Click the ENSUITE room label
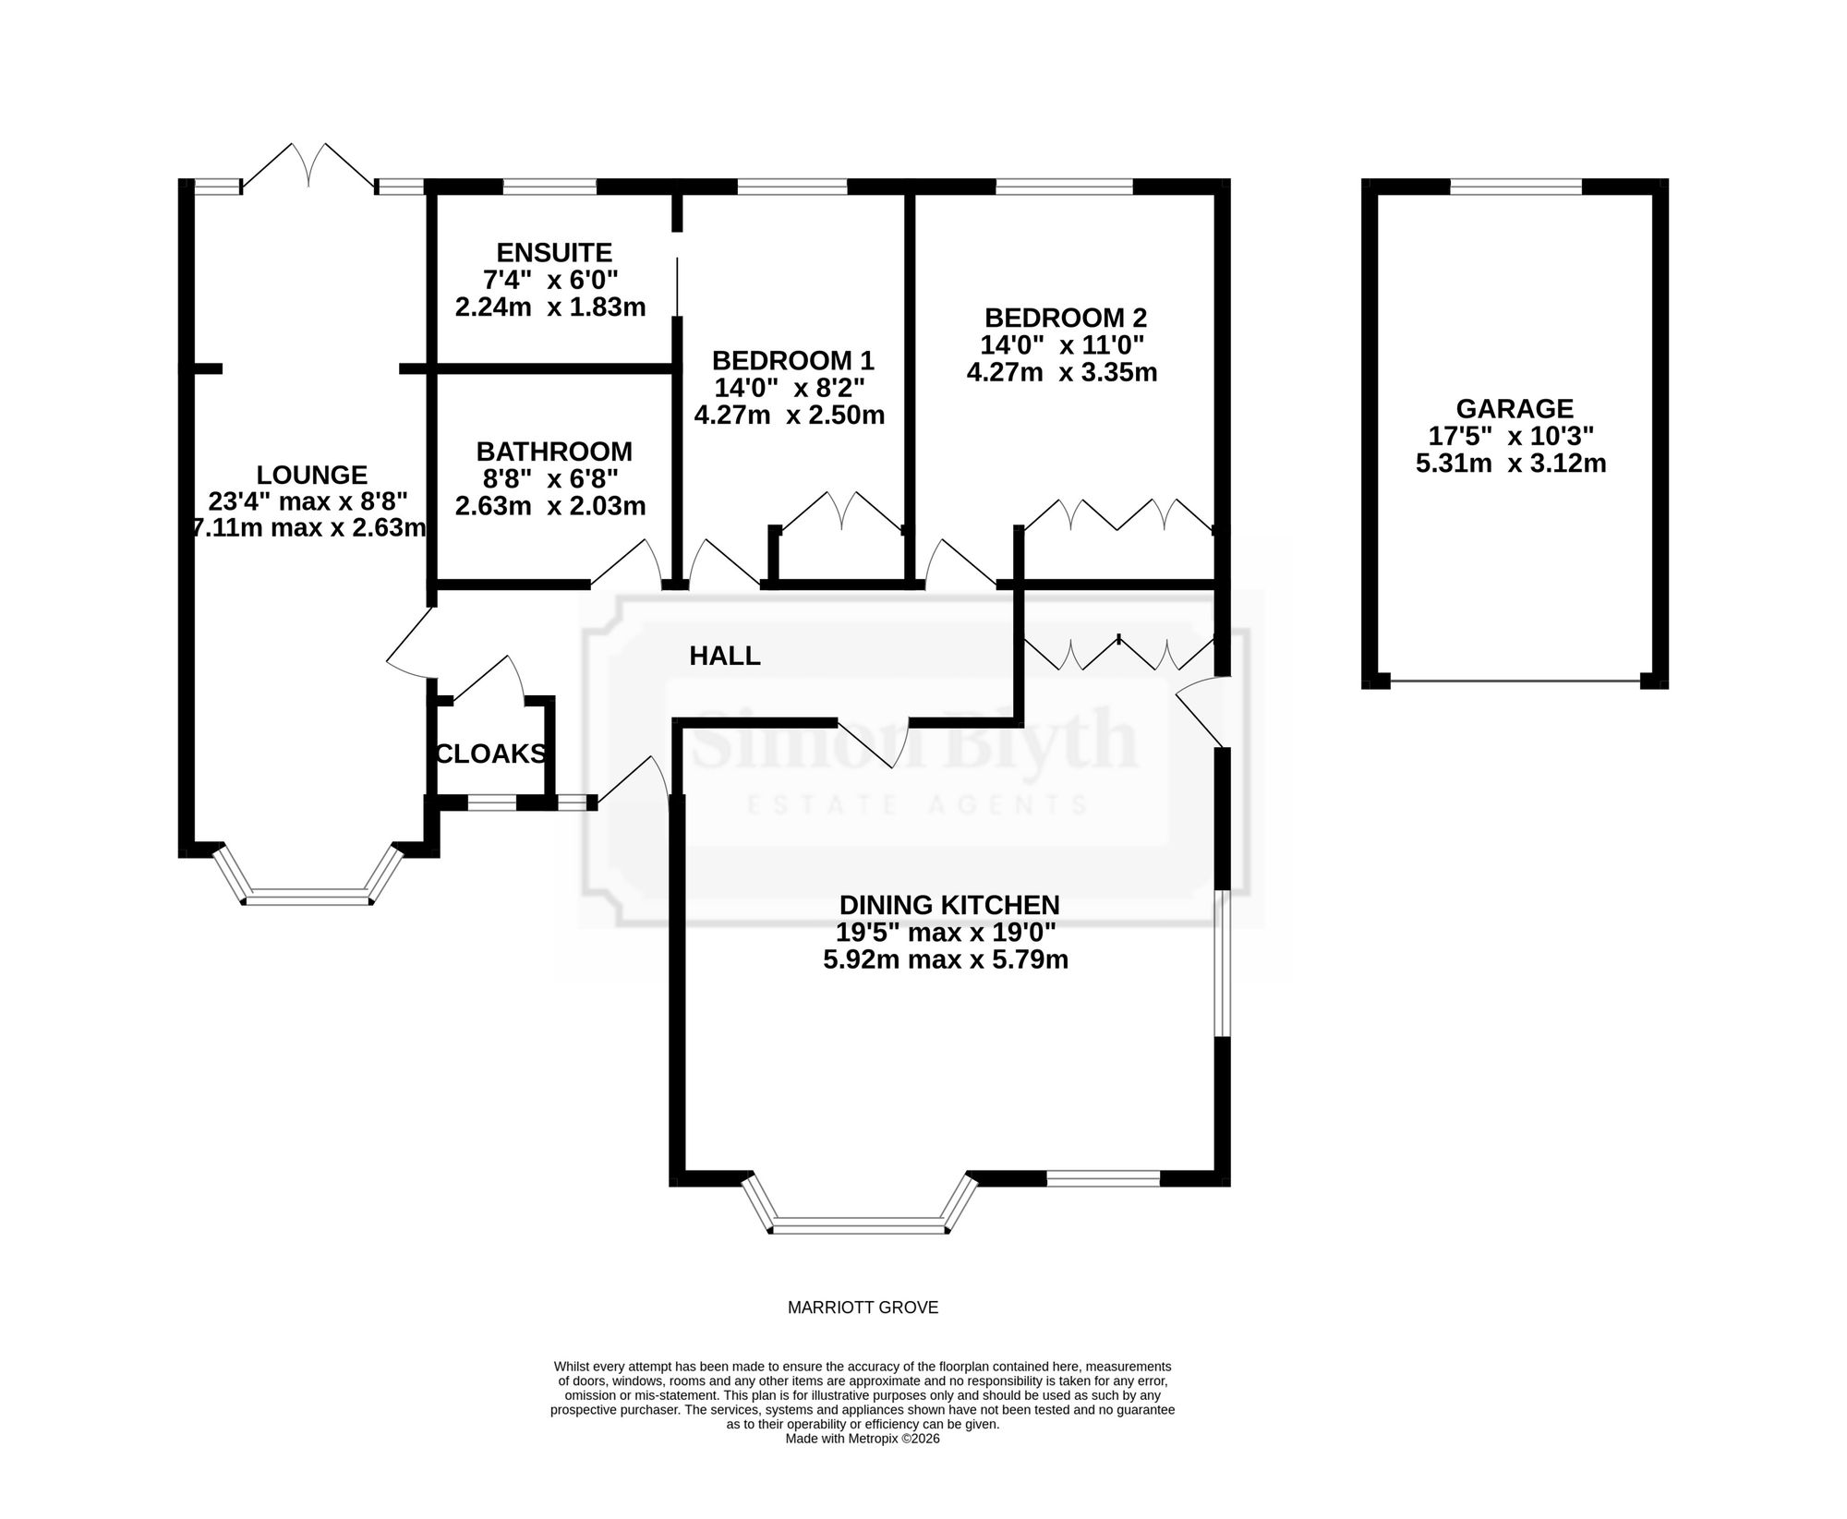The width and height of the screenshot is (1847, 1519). pyautogui.click(x=554, y=252)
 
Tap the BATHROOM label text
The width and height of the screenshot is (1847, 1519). pyautogui.click(x=554, y=452)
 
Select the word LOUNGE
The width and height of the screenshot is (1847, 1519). pyautogui.click(x=312, y=475)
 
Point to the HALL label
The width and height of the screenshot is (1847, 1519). pyautogui.click(x=725, y=657)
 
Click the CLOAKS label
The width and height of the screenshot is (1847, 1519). pyautogui.click(x=490, y=754)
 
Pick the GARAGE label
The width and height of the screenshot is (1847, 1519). pyautogui.click(x=1515, y=408)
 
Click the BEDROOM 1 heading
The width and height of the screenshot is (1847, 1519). pyautogui.click(x=793, y=359)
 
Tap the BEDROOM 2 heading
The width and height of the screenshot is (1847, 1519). pyautogui.click(x=1066, y=318)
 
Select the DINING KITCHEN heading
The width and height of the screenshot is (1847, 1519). pyautogui.click(x=949, y=904)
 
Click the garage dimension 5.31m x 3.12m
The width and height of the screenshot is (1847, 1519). pyautogui.click(x=1511, y=463)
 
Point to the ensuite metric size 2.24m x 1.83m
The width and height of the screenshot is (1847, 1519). pyautogui.click(x=550, y=307)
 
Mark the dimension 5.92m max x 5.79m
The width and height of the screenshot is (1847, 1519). pyautogui.click(x=946, y=959)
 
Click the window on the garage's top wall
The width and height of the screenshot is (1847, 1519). pyautogui.click(x=1516, y=187)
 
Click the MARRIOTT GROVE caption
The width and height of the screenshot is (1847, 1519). pyautogui.click(x=863, y=1308)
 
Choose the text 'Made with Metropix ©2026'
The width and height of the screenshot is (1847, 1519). pyautogui.click(x=863, y=1465)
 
